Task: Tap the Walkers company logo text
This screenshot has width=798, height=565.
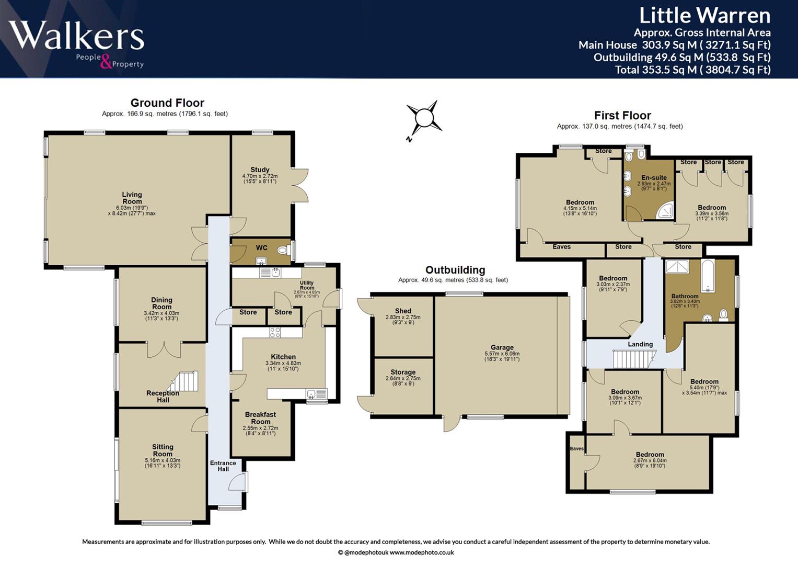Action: (76, 36)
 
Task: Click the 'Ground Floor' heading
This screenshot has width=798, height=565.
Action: (167, 103)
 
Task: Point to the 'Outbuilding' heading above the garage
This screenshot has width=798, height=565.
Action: (455, 269)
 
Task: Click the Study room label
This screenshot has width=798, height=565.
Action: (260, 170)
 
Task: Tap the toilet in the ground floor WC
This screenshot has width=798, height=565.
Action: (283, 251)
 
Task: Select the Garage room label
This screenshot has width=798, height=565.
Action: (502, 347)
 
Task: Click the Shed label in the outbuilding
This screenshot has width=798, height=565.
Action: (403, 311)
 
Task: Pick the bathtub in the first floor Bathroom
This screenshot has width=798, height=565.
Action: (708, 276)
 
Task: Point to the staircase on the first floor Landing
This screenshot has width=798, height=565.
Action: (634, 359)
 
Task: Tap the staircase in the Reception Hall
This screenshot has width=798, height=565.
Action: (183, 381)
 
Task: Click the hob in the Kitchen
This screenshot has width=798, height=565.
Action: (275, 332)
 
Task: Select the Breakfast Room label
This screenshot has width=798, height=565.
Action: (260, 418)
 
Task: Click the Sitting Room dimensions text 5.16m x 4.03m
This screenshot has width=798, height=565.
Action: (163, 460)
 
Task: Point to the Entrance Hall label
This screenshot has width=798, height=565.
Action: (223, 466)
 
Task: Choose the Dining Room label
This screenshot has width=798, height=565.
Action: (161, 303)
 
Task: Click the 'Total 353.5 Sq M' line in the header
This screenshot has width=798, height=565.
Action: (693, 70)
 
